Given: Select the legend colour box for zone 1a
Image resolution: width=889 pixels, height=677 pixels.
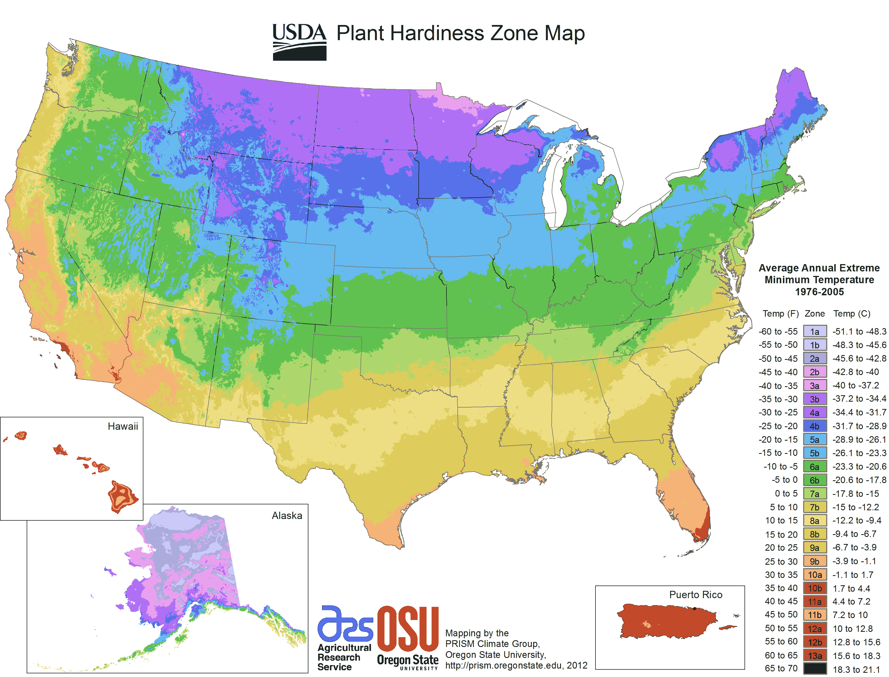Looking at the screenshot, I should coord(814,331).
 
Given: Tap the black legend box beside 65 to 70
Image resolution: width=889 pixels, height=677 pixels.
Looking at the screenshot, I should coord(814,669).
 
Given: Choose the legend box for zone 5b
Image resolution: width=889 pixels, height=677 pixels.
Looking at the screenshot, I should coord(814,453).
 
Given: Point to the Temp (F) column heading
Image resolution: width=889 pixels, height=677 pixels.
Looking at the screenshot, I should coord(780,314).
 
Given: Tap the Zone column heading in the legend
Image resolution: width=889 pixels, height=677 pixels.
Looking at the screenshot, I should coord(814,314).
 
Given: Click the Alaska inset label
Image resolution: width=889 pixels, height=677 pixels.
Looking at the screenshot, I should coord(287,515).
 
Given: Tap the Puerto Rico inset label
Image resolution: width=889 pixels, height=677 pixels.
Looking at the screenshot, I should coord(695,594).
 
